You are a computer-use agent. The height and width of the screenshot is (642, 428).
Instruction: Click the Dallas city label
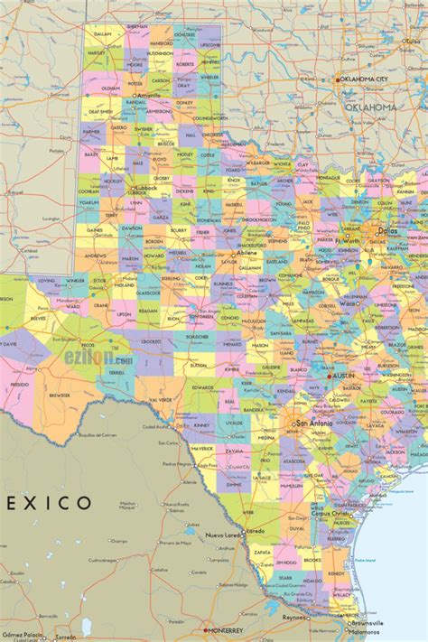[389, 229]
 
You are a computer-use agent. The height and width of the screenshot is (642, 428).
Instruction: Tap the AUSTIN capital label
[344, 375]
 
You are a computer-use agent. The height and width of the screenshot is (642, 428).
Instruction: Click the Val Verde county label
[161, 399]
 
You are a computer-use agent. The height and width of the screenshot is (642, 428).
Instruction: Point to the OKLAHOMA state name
[370, 107]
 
